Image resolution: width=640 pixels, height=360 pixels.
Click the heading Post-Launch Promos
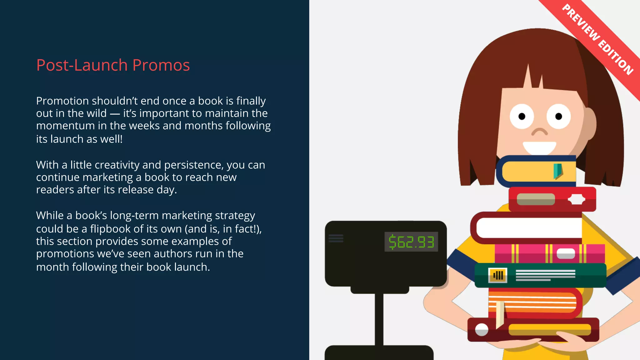pyautogui.click(x=113, y=65)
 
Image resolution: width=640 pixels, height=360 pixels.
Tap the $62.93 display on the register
pyautogui.click(x=411, y=242)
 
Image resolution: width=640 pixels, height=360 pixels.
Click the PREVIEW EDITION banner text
pyautogui.click(x=597, y=39)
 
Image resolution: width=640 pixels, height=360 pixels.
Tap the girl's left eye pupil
pyautogui.click(x=522, y=117)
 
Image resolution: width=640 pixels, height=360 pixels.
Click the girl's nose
pyautogui.click(x=540, y=132)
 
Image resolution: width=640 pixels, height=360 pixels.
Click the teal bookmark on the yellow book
pyautogui.click(x=557, y=171)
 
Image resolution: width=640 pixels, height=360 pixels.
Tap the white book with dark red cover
pyautogui.click(x=528, y=228)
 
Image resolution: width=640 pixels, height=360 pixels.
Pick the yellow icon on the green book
pyautogui.click(x=497, y=275)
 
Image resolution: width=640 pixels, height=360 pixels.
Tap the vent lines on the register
pyautogui.click(x=336, y=238)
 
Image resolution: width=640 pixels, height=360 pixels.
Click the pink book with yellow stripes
pyautogui.click(x=550, y=253)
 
